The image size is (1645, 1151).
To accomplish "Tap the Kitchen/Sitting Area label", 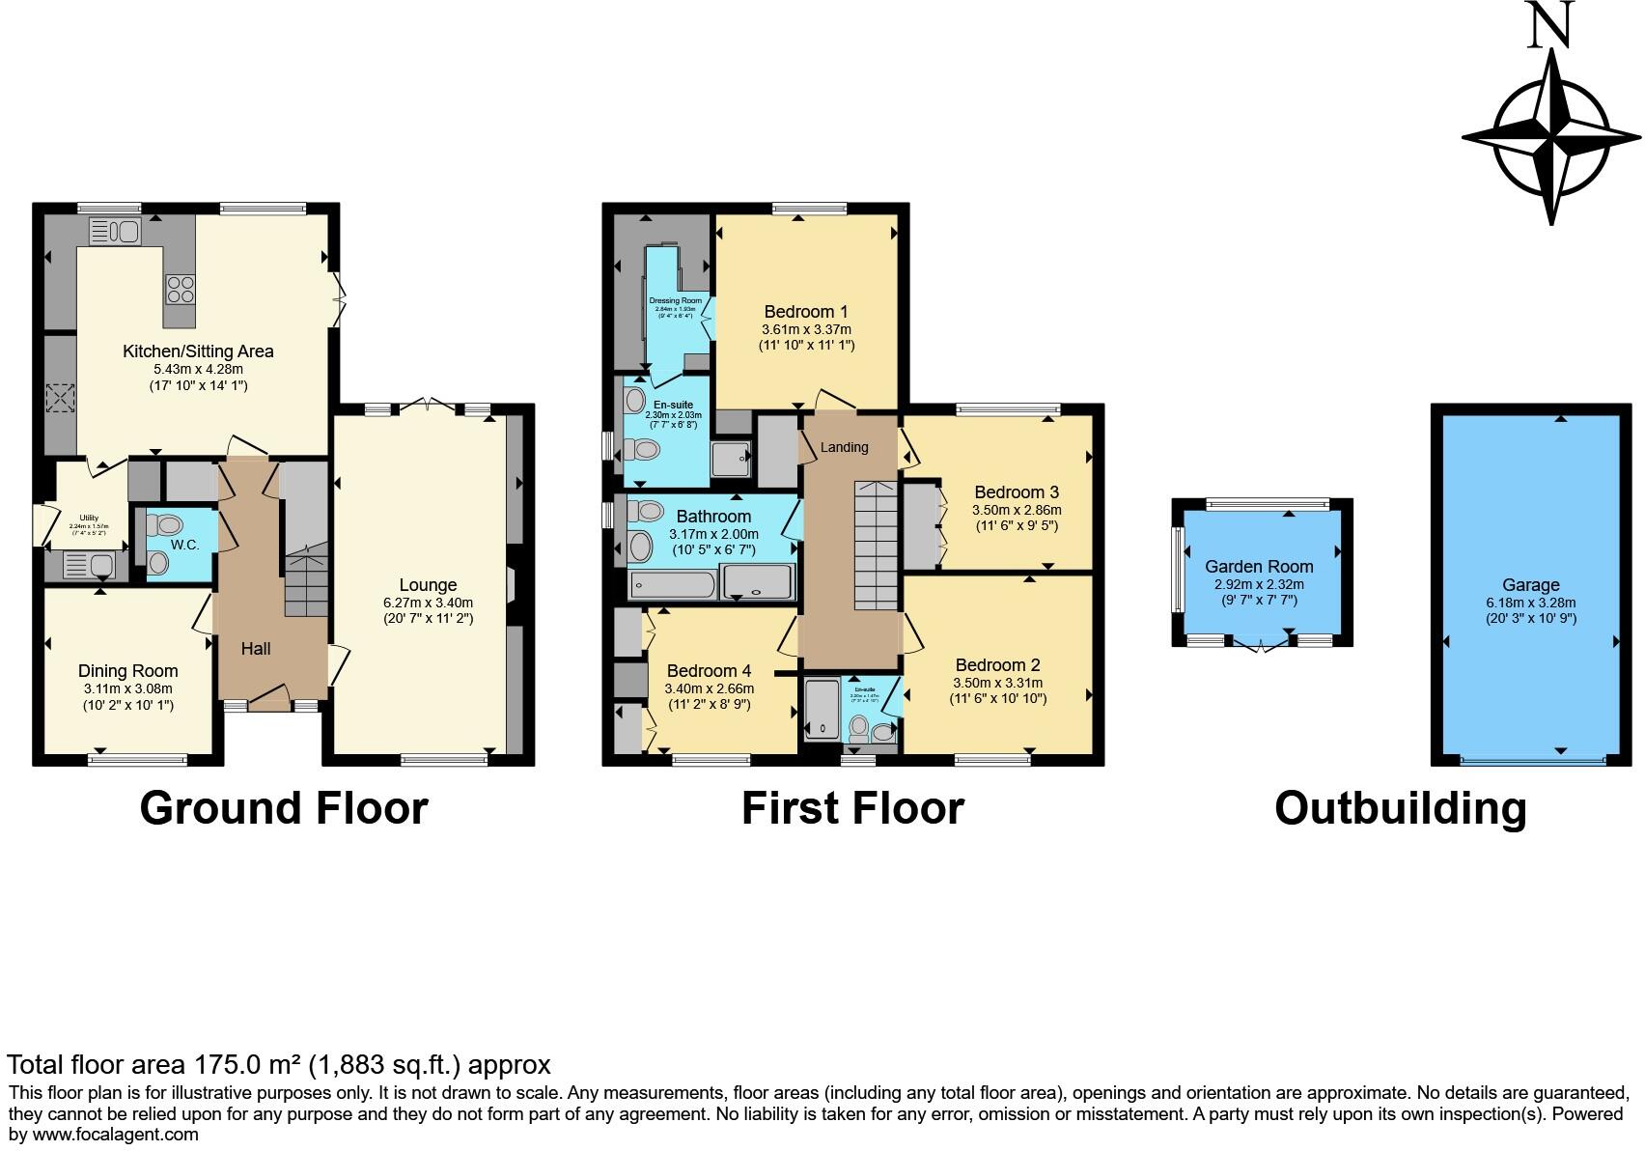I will [x=198, y=351].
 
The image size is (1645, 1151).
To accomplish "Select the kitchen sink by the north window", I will [x=115, y=232].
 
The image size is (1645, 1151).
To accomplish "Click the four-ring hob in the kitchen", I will [x=181, y=289].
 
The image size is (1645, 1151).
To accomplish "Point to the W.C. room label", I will [x=184, y=545].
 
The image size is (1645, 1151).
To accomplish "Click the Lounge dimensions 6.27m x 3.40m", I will [x=428, y=603].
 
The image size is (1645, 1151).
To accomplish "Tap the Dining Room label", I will [x=128, y=671].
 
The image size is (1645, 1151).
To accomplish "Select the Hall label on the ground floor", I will [x=256, y=649].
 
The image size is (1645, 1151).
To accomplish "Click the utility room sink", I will [x=89, y=565].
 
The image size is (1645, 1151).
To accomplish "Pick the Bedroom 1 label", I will [x=805, y=312].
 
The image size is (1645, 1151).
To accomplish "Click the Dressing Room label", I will [x=676, y=300].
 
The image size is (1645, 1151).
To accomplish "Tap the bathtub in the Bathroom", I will [x=672, y=584].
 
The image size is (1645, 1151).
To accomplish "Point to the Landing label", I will [x=844, y=447].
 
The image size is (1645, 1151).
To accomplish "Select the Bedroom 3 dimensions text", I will [x=1016, y=510].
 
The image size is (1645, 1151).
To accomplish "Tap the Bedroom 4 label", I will [x=709, y=671].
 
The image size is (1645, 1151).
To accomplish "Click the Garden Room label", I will [x=1259, y=567].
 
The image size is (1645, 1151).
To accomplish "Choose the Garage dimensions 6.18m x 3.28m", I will [x=1530, y=603].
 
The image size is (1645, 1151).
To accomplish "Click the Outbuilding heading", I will [x=1400, y=808].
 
